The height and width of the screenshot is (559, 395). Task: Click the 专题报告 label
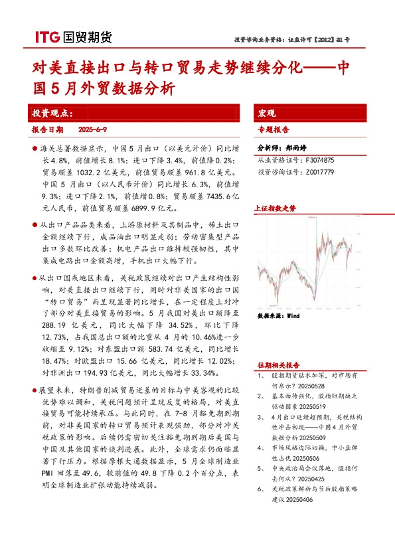point(273,130)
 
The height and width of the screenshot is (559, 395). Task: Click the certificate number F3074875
point(320,161)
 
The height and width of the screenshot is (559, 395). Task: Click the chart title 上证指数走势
point(276,208)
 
